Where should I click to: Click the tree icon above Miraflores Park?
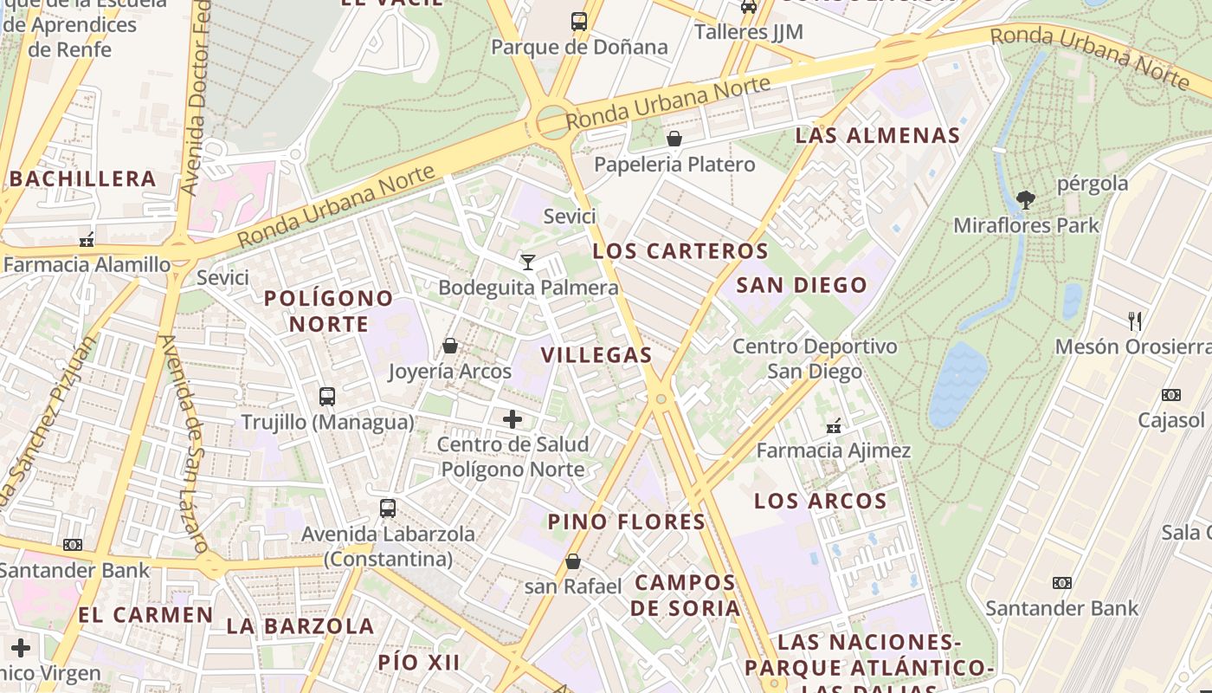1026,200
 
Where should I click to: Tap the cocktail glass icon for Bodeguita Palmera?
527,262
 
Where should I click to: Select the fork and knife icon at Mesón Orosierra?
1135,321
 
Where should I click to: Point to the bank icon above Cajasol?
1170,395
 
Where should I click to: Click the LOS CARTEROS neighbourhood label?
680,251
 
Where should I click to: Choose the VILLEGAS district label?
596,354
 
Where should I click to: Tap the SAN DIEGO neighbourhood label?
802,285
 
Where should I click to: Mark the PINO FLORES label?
627,521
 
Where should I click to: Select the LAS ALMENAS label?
878,135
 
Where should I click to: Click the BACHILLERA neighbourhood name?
83,179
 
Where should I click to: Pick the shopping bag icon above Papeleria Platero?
674,139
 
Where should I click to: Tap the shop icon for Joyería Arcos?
450,346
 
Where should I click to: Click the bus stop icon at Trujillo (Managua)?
326,397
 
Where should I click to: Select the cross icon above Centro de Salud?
513,419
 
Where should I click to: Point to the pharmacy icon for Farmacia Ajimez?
834,425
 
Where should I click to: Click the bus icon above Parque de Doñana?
579,22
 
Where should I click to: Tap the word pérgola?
1093,184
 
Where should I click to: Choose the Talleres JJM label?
749,32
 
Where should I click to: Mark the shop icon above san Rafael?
573,561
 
